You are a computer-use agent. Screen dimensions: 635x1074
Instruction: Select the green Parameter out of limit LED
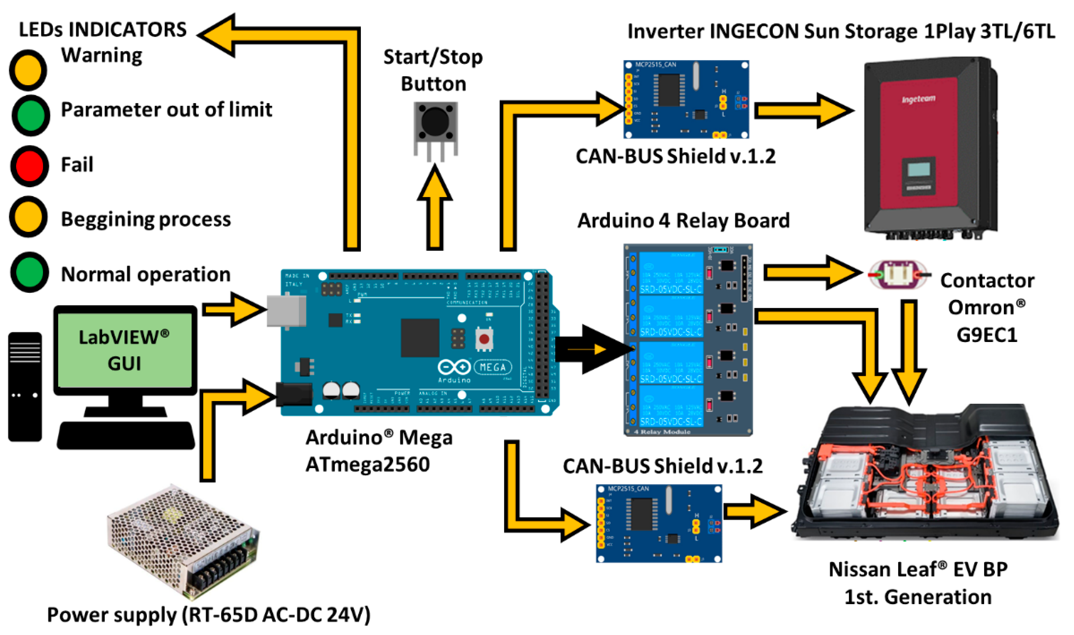point(30,116)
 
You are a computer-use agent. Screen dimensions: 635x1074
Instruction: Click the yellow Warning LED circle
point(28,70)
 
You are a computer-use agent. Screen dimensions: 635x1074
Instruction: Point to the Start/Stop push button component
point(435,124)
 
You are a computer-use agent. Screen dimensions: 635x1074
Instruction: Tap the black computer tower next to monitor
point(25,387)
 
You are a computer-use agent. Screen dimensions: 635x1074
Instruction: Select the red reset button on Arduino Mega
point(484,339)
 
